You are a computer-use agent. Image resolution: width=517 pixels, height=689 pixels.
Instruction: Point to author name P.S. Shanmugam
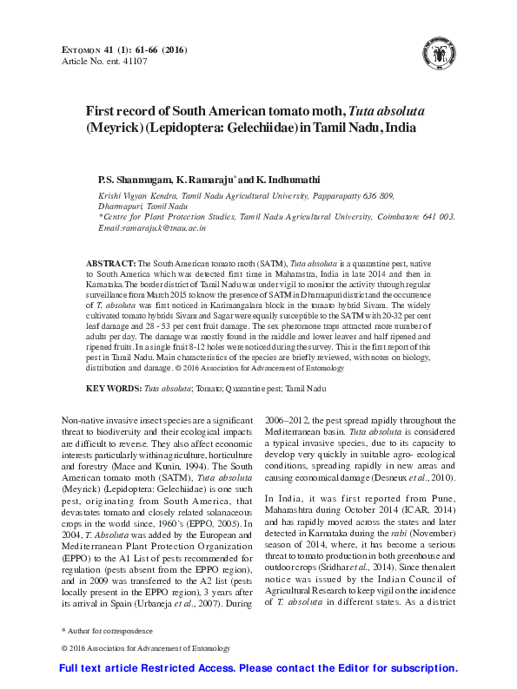click(x=135, y=178)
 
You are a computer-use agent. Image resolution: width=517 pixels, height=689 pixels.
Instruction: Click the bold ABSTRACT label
click(x=110, y=262)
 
